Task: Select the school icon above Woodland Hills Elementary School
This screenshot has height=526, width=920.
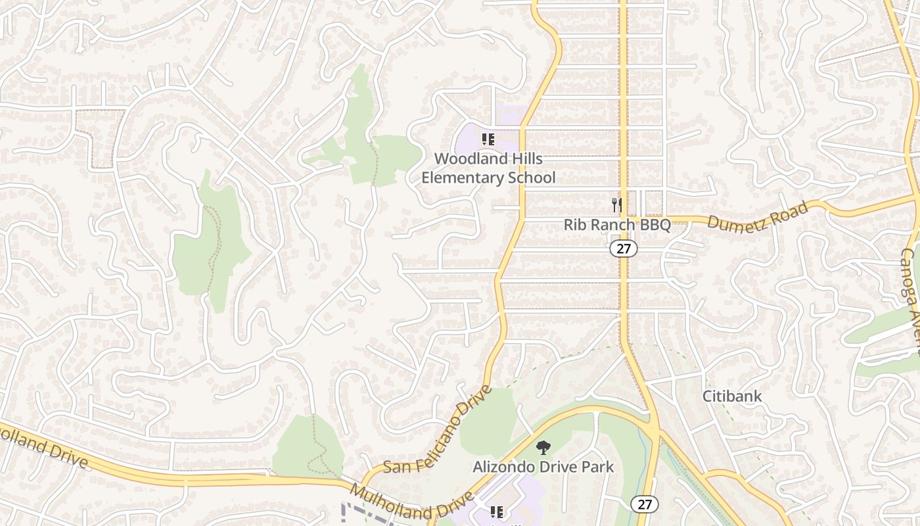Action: click(x=488, y=139)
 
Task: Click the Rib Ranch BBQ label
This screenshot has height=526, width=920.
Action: click(x=617, y=225)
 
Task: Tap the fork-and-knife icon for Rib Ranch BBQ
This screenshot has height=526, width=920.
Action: click(x=617, y=205)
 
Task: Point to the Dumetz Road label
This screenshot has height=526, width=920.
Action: click(x=757, y=216)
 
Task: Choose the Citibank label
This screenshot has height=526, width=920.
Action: click(x=732, y=396)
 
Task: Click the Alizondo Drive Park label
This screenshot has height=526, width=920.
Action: click(x=543, y=467)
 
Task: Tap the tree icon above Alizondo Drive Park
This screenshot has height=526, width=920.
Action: click(x=543, y=448)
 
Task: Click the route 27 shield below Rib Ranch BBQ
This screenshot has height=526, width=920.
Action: click(x=623, y=248)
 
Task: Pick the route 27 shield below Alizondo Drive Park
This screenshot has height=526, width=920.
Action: click(x=645, y=504)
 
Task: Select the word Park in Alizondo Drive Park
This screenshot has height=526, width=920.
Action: click(x=598, y=467)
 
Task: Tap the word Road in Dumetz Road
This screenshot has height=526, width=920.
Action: click(x=789, y=210)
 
